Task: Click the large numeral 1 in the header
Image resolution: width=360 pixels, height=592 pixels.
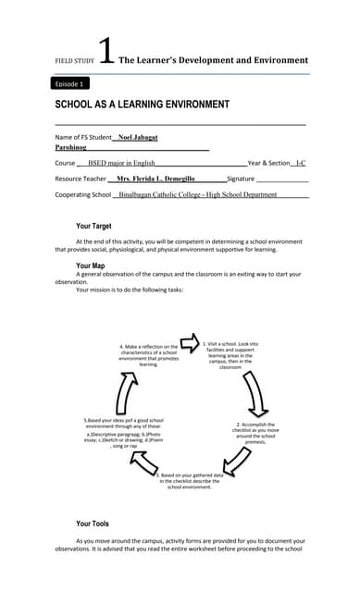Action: pyautogui.click(x=106, y=53)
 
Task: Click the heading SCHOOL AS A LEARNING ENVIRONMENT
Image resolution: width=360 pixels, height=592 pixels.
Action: pyautogui.click(x=142, y=105)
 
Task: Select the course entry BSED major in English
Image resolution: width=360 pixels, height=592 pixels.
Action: pyautogui.click(x=121, y=163)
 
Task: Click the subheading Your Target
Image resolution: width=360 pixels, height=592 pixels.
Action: pyautogui.click(x=96, y=226)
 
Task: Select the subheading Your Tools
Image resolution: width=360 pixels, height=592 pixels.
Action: pyautogui.click(x=93, y=524)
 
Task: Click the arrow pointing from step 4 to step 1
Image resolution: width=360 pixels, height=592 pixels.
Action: pyautogui.click(x=189, y=343)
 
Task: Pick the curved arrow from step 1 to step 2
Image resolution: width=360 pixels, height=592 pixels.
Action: pyautogui.click(x=253, y=399)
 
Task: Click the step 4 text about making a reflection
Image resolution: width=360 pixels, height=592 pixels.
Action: pyautogui.click(x=149, y=355)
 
